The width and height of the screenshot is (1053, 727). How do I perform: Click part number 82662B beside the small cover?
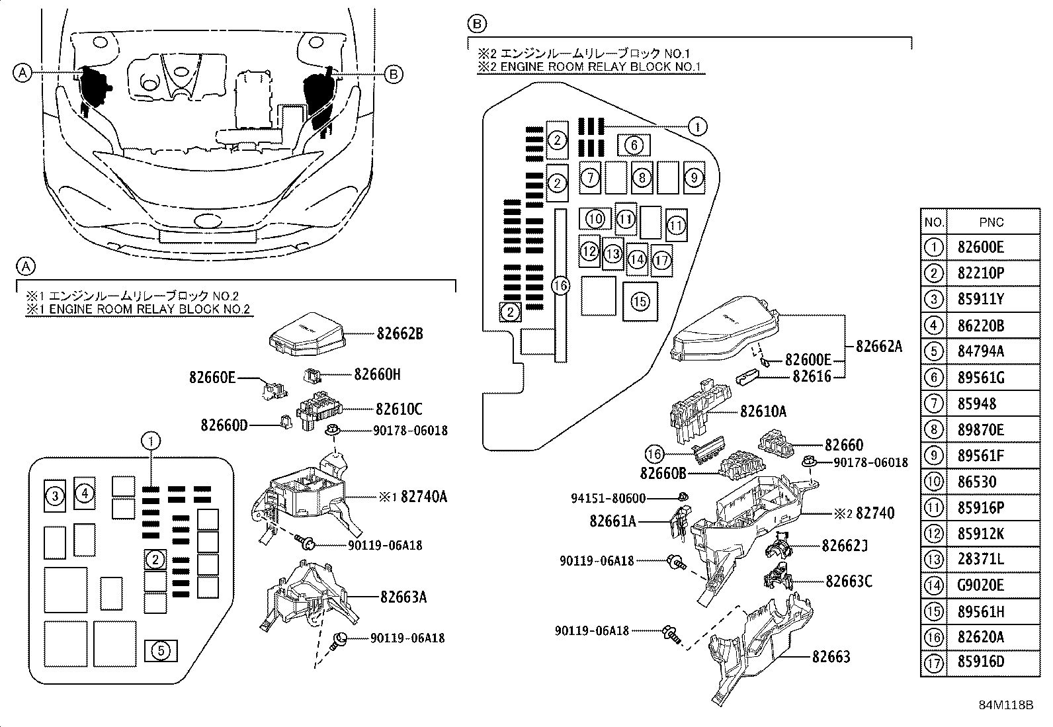(x=400, y=334)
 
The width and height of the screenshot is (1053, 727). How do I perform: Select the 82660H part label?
(x=377, y=374)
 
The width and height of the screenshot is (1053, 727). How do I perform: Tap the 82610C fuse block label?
(x=399, y=409)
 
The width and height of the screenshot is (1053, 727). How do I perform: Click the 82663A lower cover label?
(x=403, y=597)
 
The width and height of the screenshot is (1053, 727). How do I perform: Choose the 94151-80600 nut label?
(x=608, y=498)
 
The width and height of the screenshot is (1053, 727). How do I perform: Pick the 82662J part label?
(x=845, y=546)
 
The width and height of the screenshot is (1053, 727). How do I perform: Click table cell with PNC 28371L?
(x=980, y=560)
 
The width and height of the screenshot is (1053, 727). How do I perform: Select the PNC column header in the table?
(x=991, y=222)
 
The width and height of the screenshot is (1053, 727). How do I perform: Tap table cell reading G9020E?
(x=980, y=585)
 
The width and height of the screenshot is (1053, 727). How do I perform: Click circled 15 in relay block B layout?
(x=640, y=302)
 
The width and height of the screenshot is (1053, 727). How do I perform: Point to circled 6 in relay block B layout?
(x=633, y=145)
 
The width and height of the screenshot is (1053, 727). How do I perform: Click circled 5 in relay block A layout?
(x=161, y=651)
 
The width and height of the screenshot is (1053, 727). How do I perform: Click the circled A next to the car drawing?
(x=22, y=73)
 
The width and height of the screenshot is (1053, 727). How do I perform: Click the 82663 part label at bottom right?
(x=831, y=657)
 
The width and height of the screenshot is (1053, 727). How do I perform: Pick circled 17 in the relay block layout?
(x=661, y=260)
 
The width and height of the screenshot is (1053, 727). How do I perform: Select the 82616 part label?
(x=812, y=376)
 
